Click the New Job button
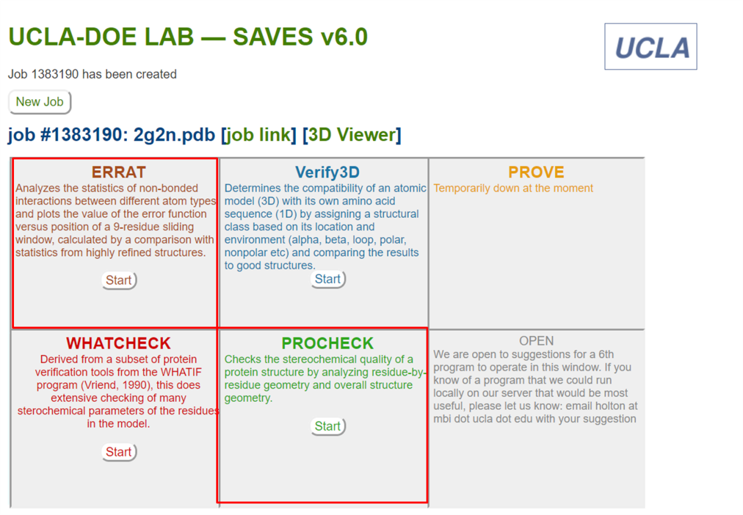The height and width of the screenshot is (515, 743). pyautogui.click(x=39, y=102)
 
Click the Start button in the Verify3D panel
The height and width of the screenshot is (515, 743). pyautogui.click(x=328, y=279)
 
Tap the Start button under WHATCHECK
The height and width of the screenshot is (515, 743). pyautogui.click(x=119, y=452)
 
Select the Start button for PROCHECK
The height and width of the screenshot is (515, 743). pyautogui.click(x=328, y=426)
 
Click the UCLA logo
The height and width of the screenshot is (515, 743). pyautogui.click(x=651, y=46)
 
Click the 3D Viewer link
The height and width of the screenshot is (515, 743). pyautogui.click(x=352, y=135)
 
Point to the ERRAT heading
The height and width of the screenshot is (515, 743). pyautogui.click(x=118, y=172)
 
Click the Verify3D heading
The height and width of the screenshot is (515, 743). pyautogui.click(x=327, y=172)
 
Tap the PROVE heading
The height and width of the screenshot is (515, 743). pyautogui.click(x=536, y=172)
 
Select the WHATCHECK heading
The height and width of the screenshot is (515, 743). pyautogui.click(x=118, y=344)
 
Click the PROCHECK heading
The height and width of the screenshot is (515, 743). pyautogui.click(x=327, y=344)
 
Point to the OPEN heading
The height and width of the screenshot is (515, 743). pyautogui.click(x=536, y=341)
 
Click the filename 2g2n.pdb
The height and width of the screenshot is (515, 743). pyautogui.click(x=174, y=135)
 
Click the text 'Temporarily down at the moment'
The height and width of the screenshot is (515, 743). pyautogui.click(x=513, y=188)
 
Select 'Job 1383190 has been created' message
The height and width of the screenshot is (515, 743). pyautogui.click(x=92, y=74)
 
